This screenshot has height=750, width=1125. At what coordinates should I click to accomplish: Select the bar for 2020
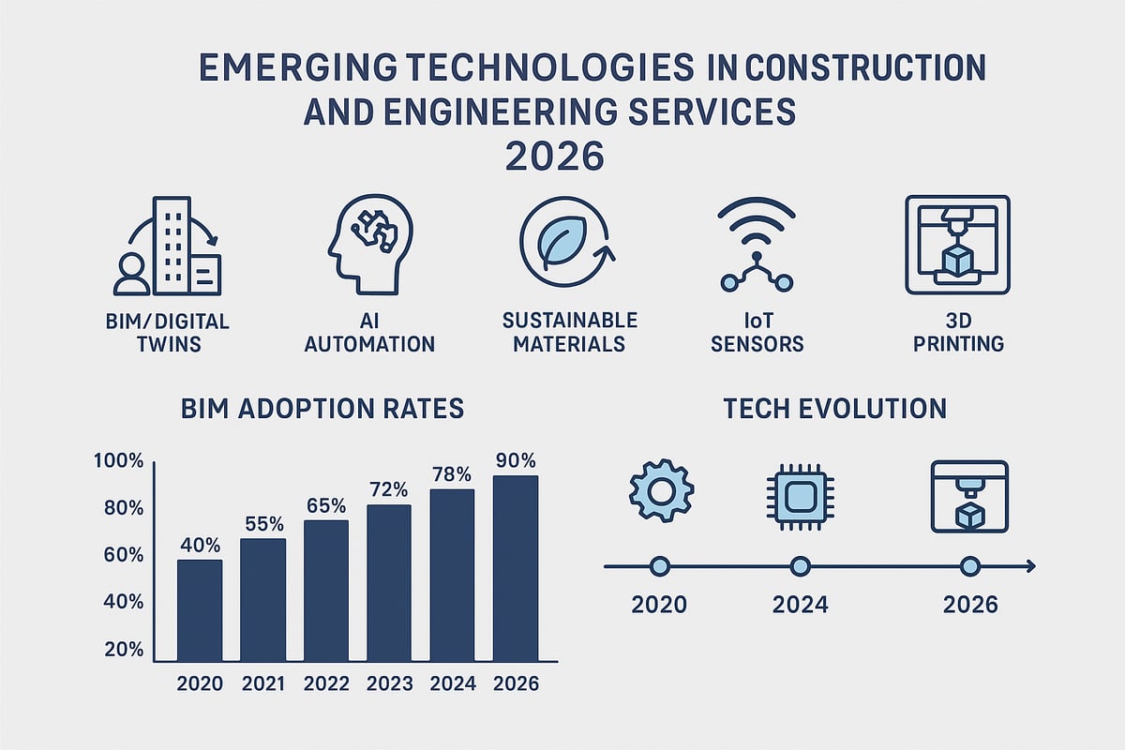pyautogui.click(x=200, y=609)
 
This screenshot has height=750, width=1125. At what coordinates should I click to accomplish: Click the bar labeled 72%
pyautogui.click(x=389, y=582)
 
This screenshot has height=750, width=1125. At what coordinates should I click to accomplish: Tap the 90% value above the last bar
pyautogui.click(x=516, y=460)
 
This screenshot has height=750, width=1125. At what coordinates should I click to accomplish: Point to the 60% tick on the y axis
pyautogui.click(x=119, y=555)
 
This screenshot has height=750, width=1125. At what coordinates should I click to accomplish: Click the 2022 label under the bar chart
pyautogui.click(x=326, y=683)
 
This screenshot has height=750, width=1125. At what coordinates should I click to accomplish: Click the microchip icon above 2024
pyautogui.click(x=800, y=497)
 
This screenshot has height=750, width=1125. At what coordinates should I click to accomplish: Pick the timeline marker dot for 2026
pyautogui.click(x=970, y=566)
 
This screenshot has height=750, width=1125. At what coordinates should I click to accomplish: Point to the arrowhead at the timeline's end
pyautogui.click(x=1029, y=566)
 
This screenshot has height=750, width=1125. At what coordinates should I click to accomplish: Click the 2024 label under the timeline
pyautogui.click(x=800, y=605)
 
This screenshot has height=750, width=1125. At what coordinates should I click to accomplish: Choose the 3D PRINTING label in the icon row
pyautogui.click(x=956, y=332)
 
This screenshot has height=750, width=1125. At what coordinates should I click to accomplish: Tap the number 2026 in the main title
pyautogui.click(x=555, y=155)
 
